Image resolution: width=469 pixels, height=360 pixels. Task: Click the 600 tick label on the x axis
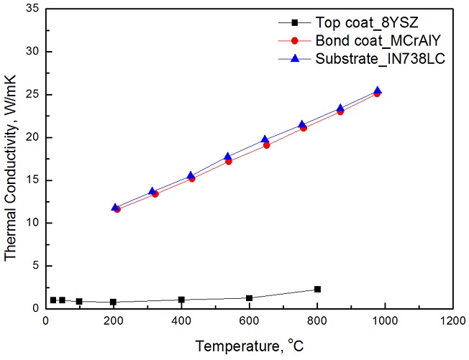tap(249, 321)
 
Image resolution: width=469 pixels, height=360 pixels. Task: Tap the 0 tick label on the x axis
tap(45, 321)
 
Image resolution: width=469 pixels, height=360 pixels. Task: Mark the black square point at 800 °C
tap(317, 289)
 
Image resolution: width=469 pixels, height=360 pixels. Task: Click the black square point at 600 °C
tap(249, 298)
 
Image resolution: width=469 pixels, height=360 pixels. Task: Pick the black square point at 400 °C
tap(181, 300)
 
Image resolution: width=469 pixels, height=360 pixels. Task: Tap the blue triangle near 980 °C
tap(378, 91)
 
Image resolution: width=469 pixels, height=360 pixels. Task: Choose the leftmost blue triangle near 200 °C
tap(115, 207)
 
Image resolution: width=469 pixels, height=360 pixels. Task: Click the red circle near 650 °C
tap(266, 144)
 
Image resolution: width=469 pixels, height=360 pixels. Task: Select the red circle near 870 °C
tap(340, 111)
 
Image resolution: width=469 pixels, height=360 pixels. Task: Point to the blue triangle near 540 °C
tap(228, 156)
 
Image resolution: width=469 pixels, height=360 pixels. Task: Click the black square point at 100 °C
tap(79, 301)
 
